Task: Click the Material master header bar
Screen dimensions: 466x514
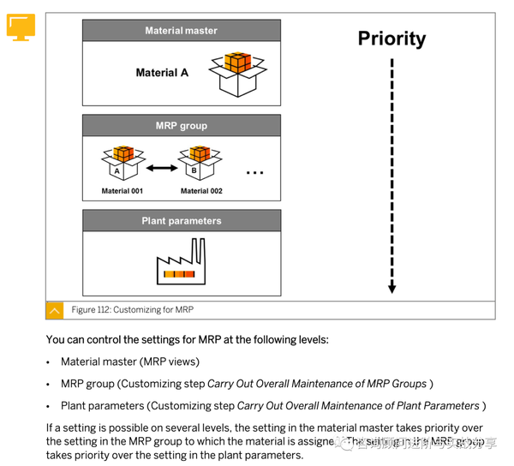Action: pyautogui.click(x=181, y=31)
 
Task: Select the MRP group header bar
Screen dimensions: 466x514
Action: pyautogui.click(x=181, y=126)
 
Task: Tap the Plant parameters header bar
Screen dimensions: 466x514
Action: pyautogui.click(x=181, y=221)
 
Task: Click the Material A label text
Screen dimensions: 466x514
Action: pyautogui.click(x=162, y=73)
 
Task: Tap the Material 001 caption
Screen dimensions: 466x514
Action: pyautogui.click(x=122, y=191)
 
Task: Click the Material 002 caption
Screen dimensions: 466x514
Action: pyautogui.click(x=201, y=191)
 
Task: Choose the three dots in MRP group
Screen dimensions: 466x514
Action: pyautogui.click(x=255, y=173)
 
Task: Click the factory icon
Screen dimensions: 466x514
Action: pyautogui.click(x=182, y=261)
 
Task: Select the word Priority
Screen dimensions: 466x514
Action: pyautogui.click(x=391, y=39)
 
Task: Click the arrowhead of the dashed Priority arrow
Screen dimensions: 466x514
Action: pyautogui.click(x=391, y=288)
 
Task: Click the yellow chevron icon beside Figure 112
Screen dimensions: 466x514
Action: pyautogui.click(x=55, y=310)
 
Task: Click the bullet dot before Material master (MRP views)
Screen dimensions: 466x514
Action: pyautogui.click(x=49, y=362)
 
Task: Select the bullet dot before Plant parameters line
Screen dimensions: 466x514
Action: pyautogui.click(x=49, y=406)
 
